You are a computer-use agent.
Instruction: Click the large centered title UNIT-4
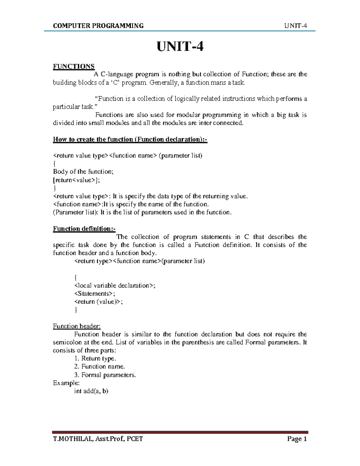pos(180,47)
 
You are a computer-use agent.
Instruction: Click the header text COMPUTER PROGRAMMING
pos(98,26)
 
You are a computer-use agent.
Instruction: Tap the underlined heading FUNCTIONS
pos(73,66)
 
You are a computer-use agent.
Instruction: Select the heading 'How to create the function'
pos(130,139)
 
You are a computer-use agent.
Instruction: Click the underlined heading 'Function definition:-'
pos(84,229)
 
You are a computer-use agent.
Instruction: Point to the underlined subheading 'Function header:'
pos(76,326)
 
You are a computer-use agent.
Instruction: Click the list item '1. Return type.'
pos(95,358)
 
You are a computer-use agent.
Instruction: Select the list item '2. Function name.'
pos(99,366)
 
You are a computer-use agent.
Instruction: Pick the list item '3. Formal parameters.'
pos(105,375)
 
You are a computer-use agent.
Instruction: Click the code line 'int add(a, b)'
pos(91,391)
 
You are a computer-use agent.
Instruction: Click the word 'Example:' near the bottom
pos(66,383)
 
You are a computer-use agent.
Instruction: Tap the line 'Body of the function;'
pos(83,172)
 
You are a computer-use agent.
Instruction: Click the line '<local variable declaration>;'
pos(115,285)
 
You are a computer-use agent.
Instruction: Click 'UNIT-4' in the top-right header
pos(296,26)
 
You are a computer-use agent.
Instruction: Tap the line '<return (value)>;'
pos(98,302)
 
